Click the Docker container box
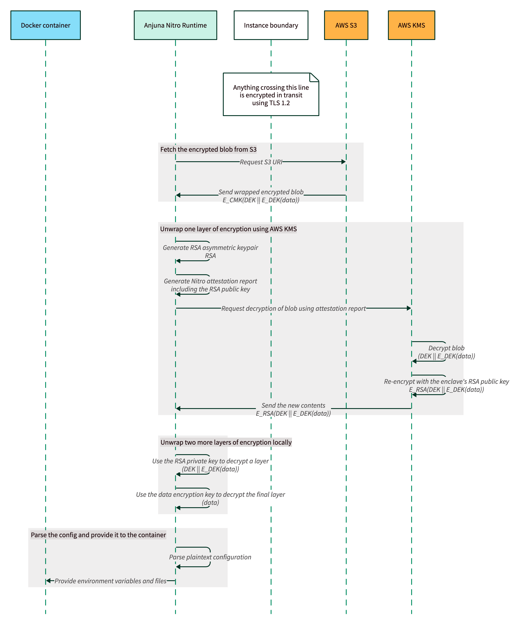(46, 25)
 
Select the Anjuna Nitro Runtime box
(175, 25)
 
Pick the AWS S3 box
(346, 25)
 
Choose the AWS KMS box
(411, 25)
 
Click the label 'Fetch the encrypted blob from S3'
(208, 150)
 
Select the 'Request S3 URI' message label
(261, 162)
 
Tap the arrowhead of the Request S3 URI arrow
(344, 162)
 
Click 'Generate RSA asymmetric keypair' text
(210, 248)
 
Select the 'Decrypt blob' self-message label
(446, 348)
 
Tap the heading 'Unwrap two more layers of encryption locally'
(226, 442)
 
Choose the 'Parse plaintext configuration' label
(210, 557)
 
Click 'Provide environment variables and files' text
(110, 581)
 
